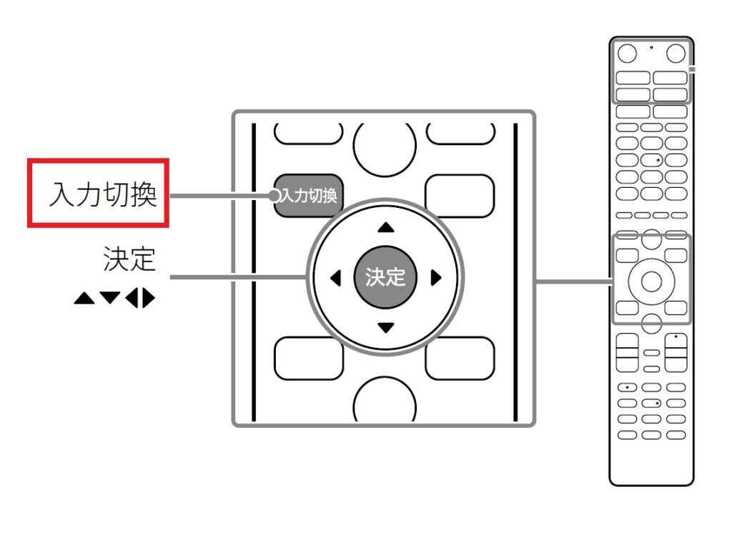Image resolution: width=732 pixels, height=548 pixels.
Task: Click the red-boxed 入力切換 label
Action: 99,194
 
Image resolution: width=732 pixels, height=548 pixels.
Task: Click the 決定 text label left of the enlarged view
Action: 129,260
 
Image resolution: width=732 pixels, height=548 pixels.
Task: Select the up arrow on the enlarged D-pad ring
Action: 386,227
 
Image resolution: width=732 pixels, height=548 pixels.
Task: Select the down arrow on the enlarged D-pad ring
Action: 386,328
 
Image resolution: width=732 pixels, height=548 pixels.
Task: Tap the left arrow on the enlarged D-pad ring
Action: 335,278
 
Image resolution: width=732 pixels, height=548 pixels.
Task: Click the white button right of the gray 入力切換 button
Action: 459,191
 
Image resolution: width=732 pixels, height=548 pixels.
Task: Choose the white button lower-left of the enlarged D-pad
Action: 308,357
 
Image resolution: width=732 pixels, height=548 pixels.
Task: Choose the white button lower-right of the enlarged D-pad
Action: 459,357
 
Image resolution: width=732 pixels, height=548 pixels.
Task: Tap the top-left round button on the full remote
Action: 627,52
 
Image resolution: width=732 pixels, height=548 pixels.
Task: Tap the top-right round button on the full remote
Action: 674,52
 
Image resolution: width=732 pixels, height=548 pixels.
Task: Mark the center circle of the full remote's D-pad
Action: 651,281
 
